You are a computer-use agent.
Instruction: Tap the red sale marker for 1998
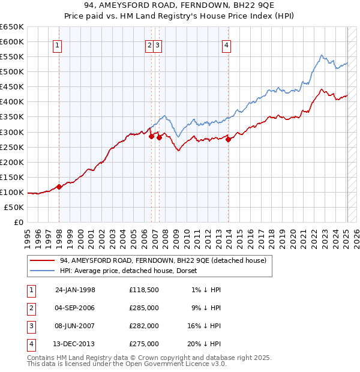point(59,187)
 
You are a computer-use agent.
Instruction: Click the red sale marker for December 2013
point(229,139)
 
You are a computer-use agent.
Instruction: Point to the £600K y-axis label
point(12,41)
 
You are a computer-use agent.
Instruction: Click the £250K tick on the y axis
point(12,147)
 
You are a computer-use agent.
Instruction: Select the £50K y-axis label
point(14,207)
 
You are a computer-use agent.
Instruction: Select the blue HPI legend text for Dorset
point(132,271)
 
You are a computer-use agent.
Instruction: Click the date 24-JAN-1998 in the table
point(75,290)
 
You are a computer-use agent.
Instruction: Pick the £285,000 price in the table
point(144,308)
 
